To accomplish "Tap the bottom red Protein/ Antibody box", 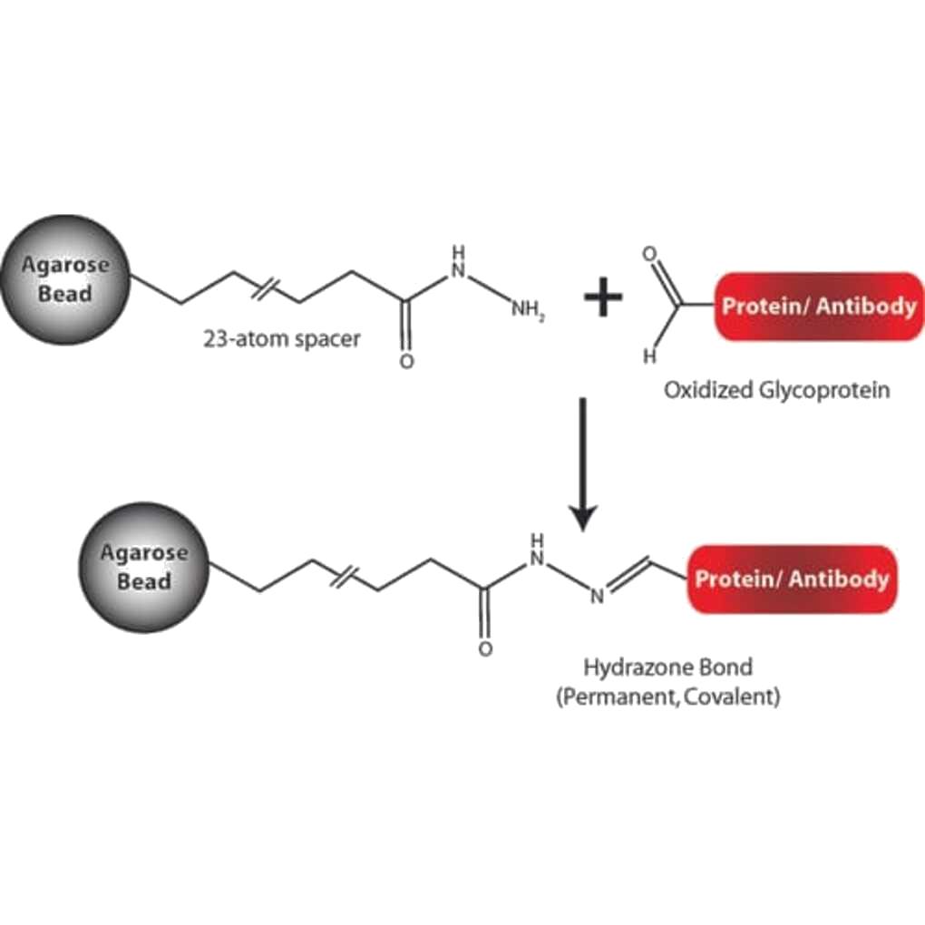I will click(x=792, y=579).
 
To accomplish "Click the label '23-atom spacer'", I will click(x=282, y=339).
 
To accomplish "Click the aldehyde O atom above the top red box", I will click(x=647, y=254).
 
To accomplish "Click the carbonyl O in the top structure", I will click(x=405, y=361).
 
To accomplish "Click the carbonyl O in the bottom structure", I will click(x=486, y=649).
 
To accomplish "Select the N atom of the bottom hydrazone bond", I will click(x=598, y=596).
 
